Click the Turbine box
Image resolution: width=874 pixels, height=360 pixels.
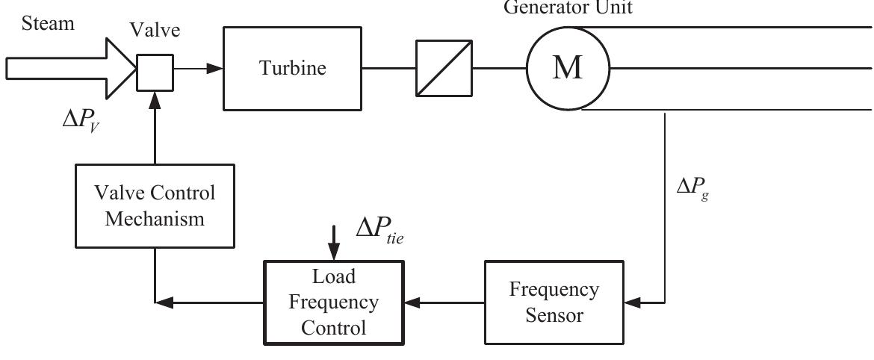(293, 69)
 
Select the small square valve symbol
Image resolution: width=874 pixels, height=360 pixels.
(155, 69)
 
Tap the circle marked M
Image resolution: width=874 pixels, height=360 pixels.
(568, 69)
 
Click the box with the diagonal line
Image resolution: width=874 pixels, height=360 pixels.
(444, 69)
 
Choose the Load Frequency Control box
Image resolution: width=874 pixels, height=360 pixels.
(333, 302)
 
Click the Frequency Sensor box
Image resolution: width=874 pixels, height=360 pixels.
(554, 302)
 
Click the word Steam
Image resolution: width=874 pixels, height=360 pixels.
(48, 24)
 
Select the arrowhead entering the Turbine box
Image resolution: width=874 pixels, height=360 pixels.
(215, 69)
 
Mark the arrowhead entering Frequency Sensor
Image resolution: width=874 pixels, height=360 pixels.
(632, 302)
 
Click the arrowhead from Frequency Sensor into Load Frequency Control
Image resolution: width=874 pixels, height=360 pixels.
(412, 302)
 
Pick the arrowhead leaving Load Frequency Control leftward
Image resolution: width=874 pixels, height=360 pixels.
(163, 302)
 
